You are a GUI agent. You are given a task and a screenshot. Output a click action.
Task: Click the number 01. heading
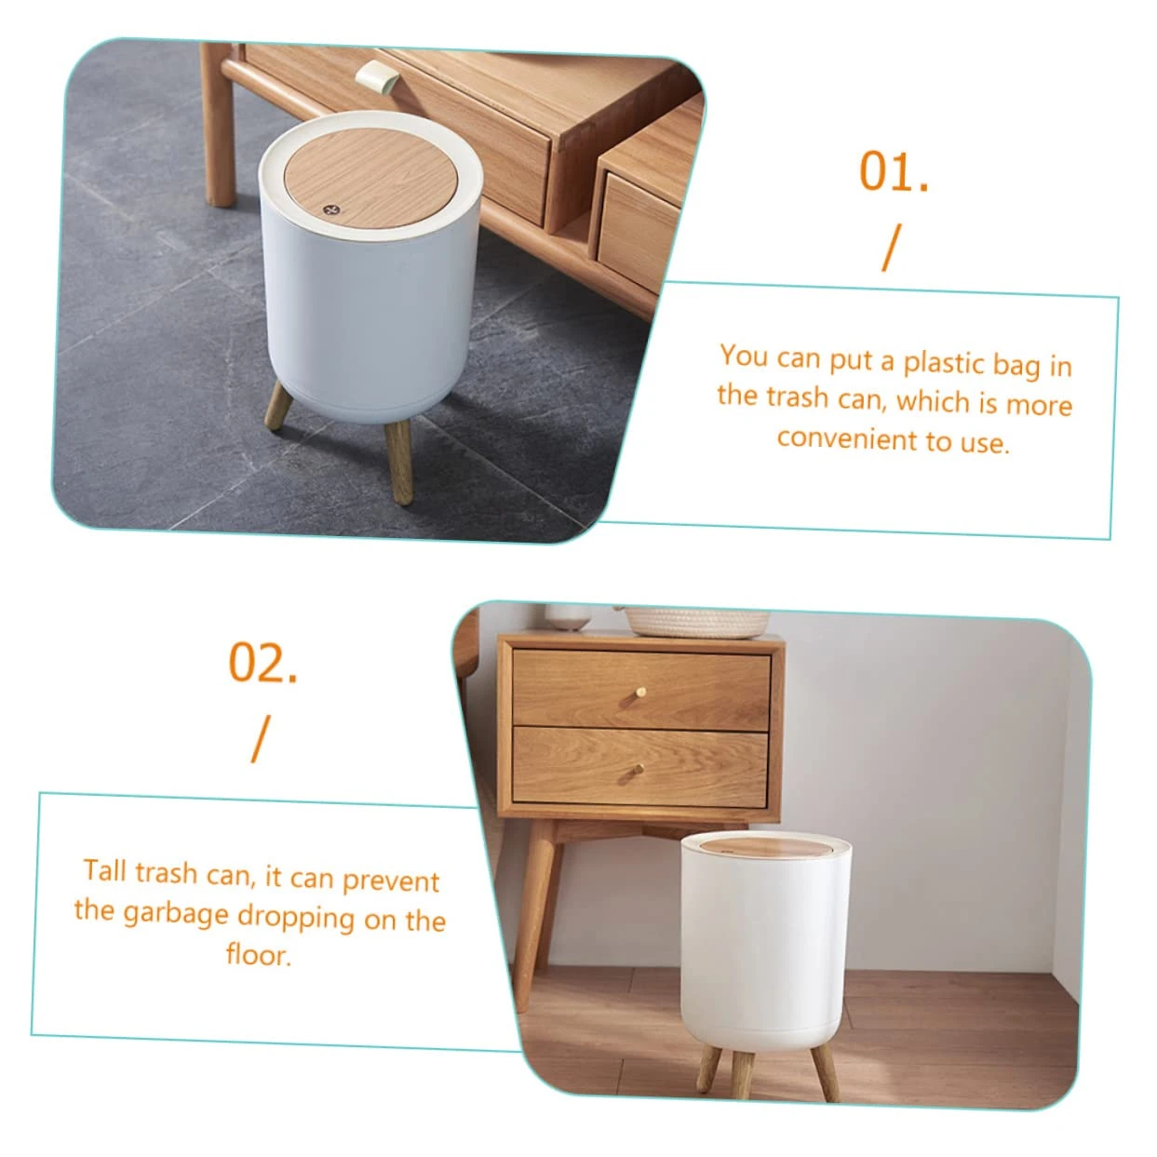coord(894,171)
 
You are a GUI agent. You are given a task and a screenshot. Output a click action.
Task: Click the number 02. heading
coord(263,663)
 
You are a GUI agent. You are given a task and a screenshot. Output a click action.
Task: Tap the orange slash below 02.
coord(261,738)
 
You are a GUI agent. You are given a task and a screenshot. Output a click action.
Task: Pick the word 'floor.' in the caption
coord(259,954)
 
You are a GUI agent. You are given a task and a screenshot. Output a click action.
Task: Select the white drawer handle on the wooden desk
coord(375,77)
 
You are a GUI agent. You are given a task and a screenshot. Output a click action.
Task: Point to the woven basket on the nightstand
coord(696,622)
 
